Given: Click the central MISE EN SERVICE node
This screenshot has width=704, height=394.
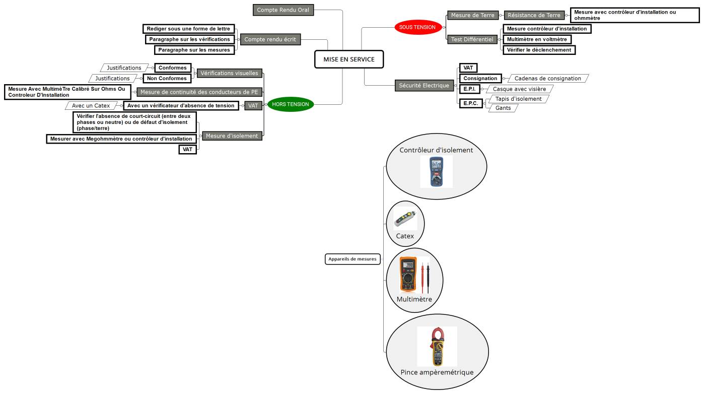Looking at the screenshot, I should [348, 59].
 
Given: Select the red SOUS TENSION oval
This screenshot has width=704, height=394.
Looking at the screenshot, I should [417, 27].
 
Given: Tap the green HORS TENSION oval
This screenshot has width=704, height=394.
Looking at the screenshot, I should [291, 104].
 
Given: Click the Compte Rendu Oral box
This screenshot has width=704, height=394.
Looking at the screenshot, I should [283, 10].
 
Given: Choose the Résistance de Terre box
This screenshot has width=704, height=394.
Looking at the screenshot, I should [533, 16].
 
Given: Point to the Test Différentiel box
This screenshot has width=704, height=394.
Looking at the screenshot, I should [472, 39].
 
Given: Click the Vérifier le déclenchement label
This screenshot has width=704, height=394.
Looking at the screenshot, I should [539, 50].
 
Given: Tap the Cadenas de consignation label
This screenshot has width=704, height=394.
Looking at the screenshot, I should [547, 79].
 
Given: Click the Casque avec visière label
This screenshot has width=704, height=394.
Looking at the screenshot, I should [519, 89].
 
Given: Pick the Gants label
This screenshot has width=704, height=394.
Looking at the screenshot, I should [503, 108].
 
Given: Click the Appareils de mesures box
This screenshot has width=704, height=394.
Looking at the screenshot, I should [353, 259].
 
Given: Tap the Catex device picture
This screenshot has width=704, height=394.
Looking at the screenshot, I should [405, 219].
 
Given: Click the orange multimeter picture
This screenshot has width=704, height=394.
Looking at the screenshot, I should [407, 275].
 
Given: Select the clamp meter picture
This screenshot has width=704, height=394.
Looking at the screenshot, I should [437, 346].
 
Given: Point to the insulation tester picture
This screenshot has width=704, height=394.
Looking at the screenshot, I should [436, 171].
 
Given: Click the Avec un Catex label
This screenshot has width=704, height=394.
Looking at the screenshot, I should [91, 106].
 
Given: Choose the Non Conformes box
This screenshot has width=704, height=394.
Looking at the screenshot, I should [167, 79].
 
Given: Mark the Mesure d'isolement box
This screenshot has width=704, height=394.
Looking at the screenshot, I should [232, 136].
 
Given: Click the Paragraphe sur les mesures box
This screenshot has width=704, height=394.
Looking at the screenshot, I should [194, 50].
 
